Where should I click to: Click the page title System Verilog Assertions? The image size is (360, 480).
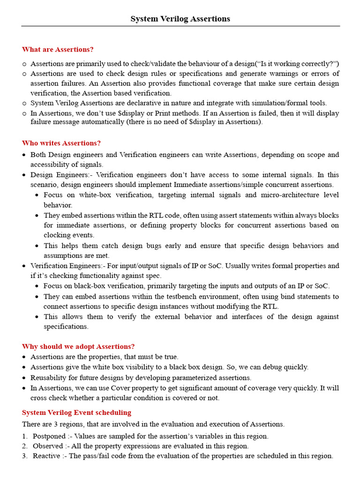tap(180, 19)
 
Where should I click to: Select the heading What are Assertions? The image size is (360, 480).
tap(58, 49)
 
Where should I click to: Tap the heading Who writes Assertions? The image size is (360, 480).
tap(61, 143)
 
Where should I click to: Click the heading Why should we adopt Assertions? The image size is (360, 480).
tap(78, 346)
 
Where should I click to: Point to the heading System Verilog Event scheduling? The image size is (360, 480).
tap(76, 412)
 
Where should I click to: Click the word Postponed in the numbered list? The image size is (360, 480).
tap(48, 436)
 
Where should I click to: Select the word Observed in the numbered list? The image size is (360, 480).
tap(47, 446)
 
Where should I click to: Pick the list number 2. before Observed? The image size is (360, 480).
tap(25, 446)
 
